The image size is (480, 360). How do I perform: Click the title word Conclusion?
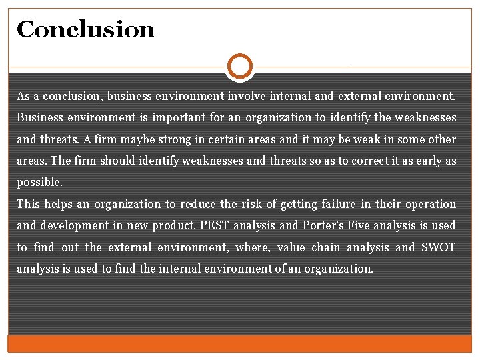[85, 29]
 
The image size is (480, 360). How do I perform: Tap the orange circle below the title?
[240, 66]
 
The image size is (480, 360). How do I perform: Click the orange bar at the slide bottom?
[240, 343]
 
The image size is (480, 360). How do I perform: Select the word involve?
[245, 96]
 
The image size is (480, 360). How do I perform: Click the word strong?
[173, 139]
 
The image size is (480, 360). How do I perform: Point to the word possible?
[39, 183]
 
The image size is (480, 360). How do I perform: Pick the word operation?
[431, 204]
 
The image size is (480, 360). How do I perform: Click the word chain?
[325, 247]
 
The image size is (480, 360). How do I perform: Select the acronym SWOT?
[439, 247]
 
